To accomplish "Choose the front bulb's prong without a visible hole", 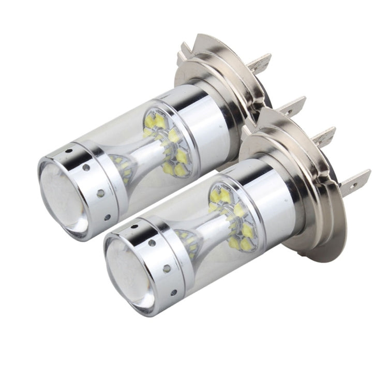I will tap(323, 137).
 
